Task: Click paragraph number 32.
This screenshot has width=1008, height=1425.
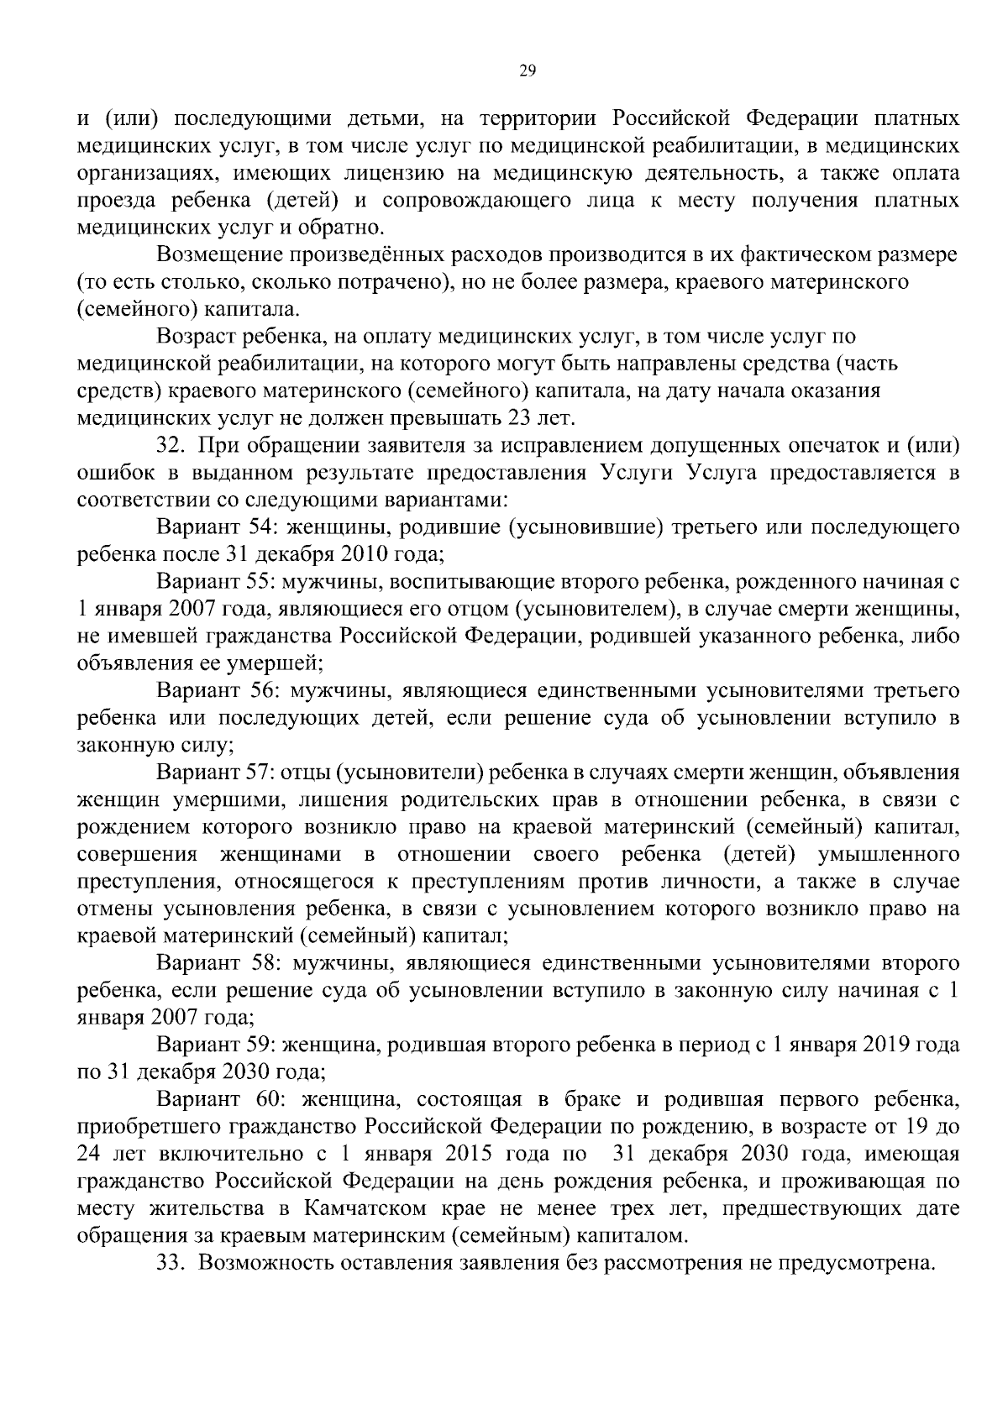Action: coord(169,445)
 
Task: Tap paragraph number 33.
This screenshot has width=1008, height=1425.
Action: coord(169,1263)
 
